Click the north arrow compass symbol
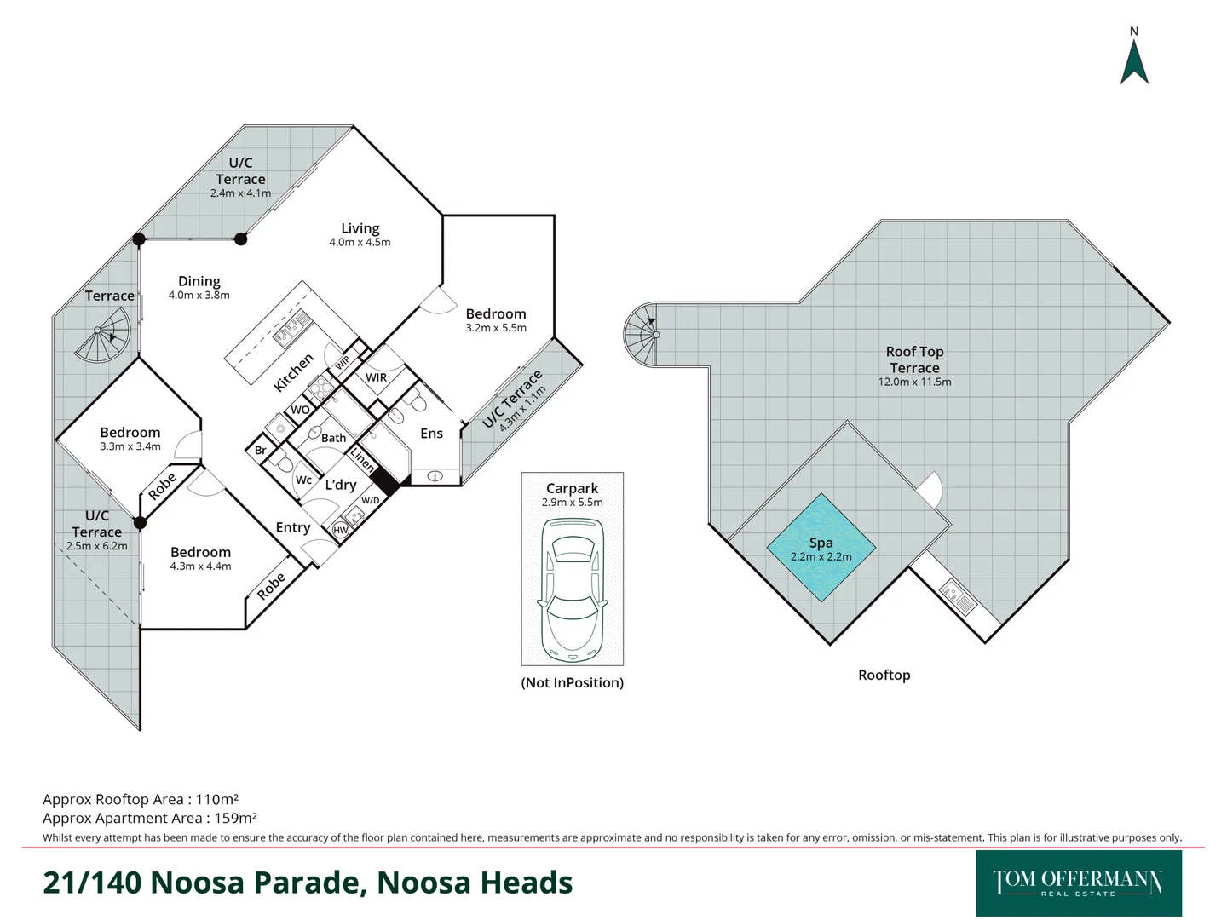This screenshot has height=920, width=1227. tap(1134, 60)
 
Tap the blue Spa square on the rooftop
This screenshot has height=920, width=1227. tap(821, 548)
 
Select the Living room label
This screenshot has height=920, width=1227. tap(360, 228)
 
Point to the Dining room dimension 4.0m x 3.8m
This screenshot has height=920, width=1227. tap(199, 296)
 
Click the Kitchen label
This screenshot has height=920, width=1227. tap(293, 372)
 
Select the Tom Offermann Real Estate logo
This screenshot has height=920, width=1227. tap(1078, 883)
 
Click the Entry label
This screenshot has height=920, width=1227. tap(292, 528)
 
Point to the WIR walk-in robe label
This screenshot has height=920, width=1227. tap(376, 377)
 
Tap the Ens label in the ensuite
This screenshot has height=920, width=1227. tap(431, 434)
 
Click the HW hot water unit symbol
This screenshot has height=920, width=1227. tap(341, 530)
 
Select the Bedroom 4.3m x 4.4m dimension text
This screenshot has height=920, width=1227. tap(200, 566)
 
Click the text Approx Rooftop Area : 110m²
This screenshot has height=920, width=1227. tap(141, 799)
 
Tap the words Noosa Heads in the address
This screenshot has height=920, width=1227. tap(475, 883)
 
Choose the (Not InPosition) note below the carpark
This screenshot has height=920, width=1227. tap(572, 682)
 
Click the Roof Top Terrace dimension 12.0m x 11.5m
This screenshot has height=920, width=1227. tap(914, 382)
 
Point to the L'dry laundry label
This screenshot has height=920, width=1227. tap(340, 485)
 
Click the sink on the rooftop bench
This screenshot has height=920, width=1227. tap(948, 589)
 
